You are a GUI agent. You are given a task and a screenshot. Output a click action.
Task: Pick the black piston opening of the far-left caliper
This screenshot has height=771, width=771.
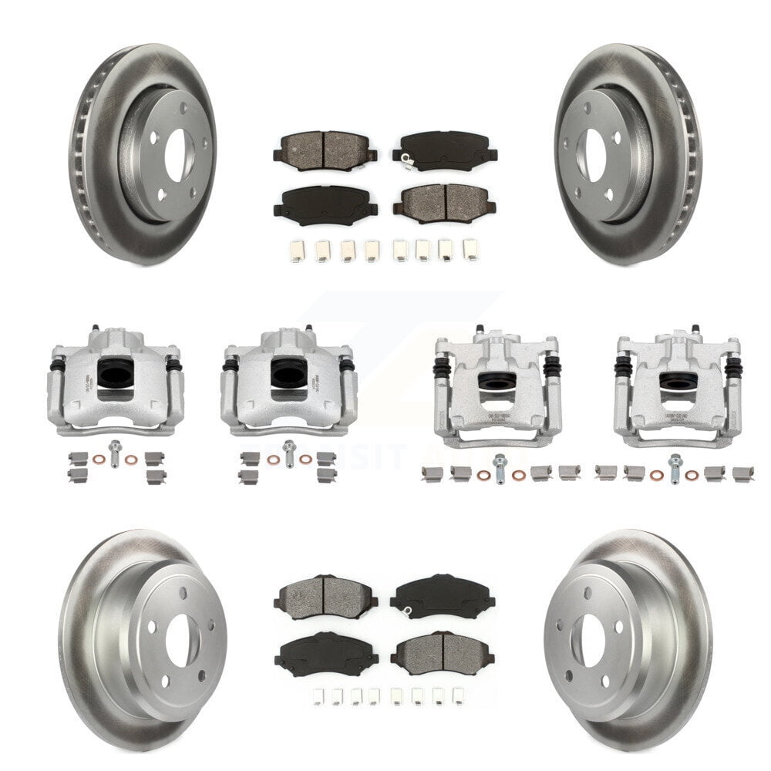click(x=115, y=374)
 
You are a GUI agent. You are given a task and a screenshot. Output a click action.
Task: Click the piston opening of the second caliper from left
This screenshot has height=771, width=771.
click(x=288, y=374)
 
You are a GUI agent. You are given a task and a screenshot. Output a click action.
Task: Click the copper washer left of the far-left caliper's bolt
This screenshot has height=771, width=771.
click(x=99, y=460)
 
